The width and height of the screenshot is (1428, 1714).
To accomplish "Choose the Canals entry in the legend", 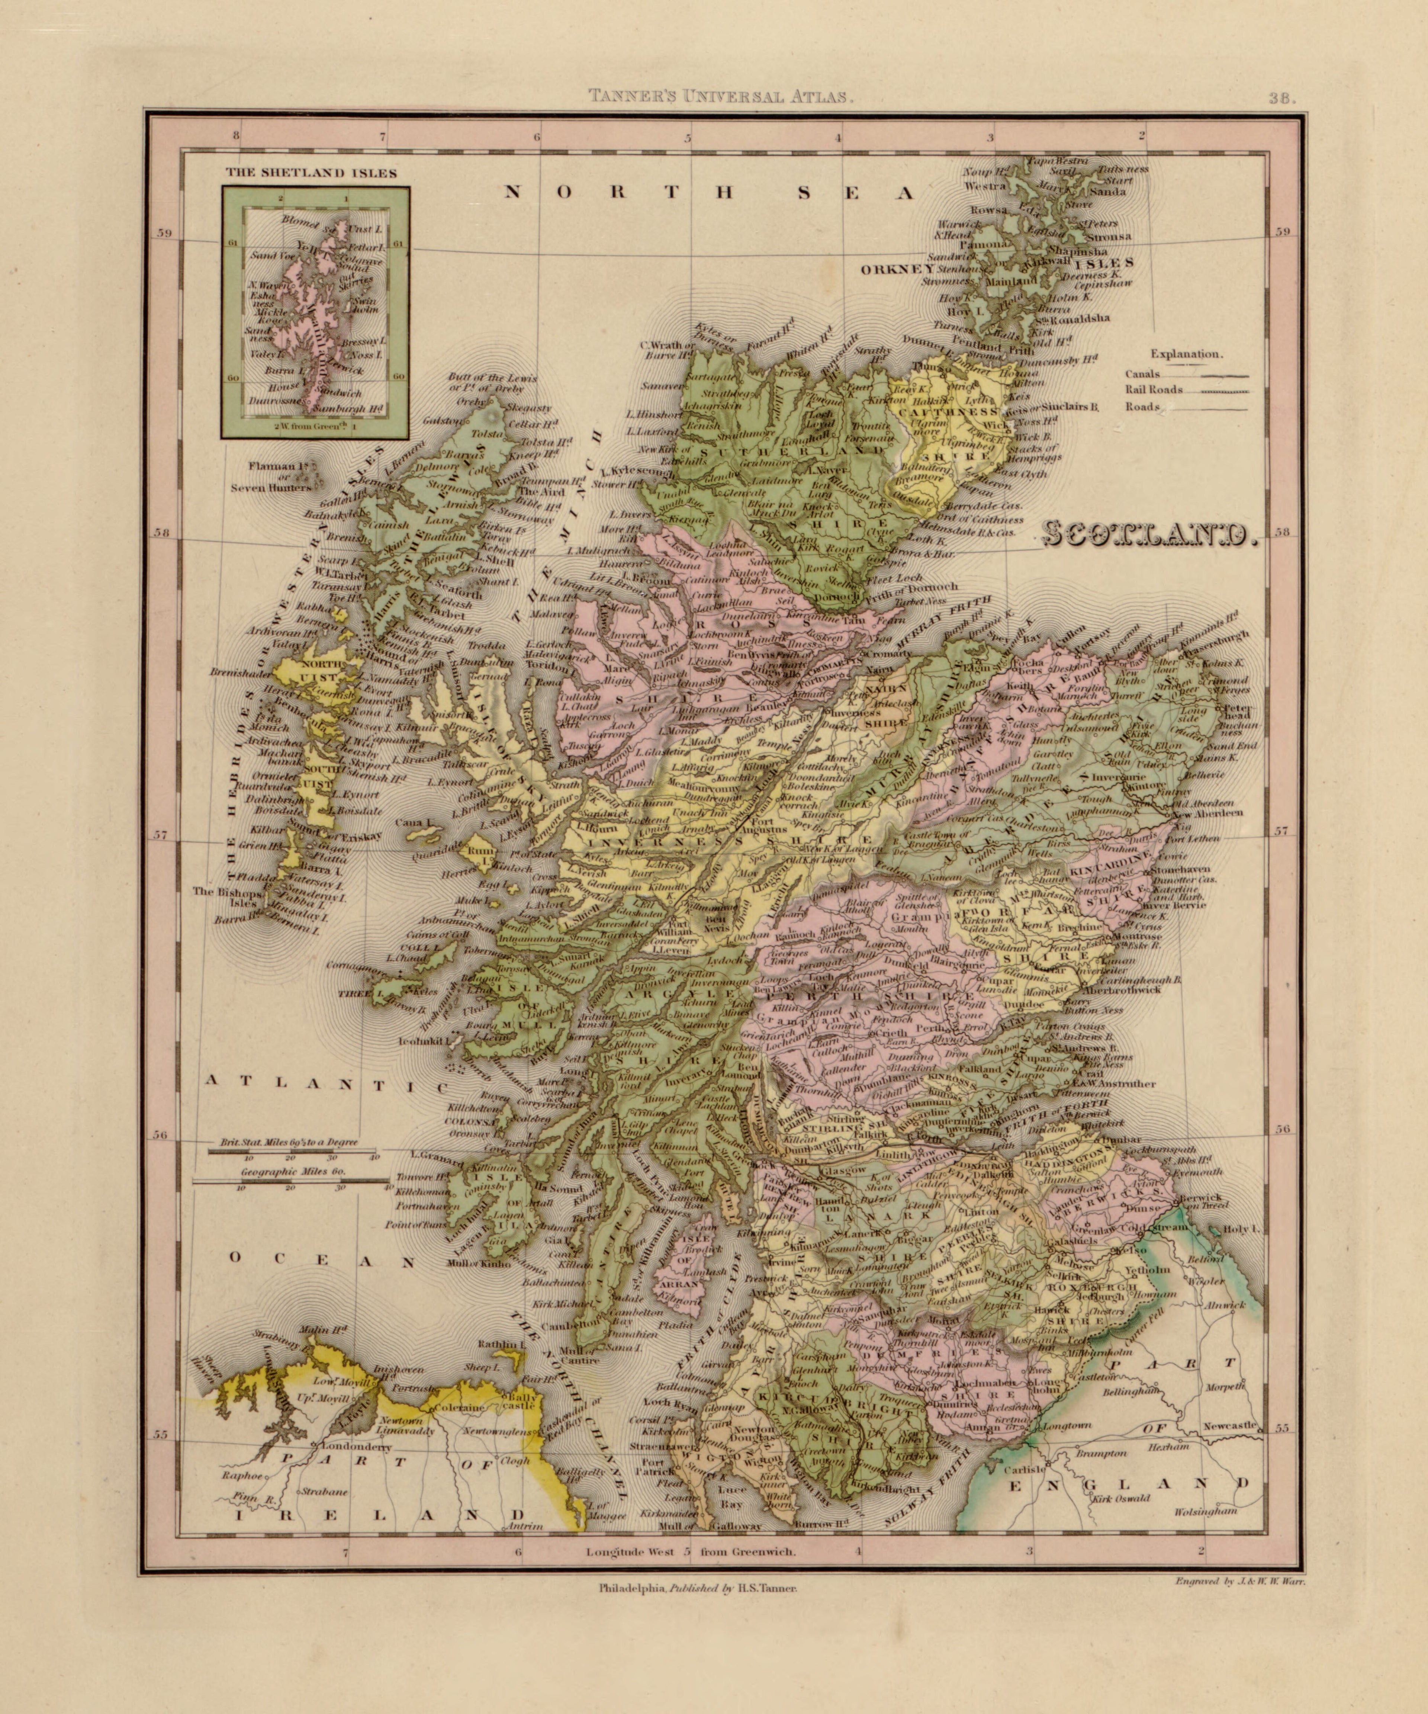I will tap(1142, 375).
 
